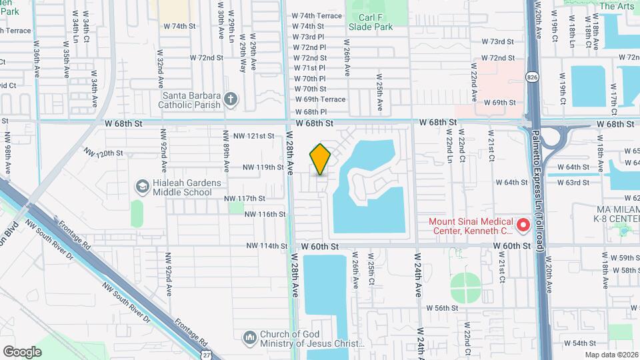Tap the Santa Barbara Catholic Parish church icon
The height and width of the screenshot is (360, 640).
coord(231,99)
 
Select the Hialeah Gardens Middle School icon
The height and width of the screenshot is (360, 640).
coord(141,186)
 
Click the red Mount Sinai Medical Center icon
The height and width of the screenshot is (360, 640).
coord(523,226)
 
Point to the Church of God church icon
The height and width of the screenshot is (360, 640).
coord(249,338)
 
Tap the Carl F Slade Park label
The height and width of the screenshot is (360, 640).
coord(371,22)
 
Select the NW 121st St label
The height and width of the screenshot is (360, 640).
coord(257,136)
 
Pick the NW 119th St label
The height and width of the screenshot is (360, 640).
coord(263,167)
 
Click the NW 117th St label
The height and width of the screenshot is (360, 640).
coord(245,199)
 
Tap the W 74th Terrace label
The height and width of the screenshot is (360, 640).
coord(317,15)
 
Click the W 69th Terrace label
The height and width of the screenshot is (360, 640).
coord(320,99)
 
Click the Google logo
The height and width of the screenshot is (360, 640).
coord(22,351)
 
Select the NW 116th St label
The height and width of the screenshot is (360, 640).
coord(265,214)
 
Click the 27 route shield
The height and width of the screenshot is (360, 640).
coord(209,354)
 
